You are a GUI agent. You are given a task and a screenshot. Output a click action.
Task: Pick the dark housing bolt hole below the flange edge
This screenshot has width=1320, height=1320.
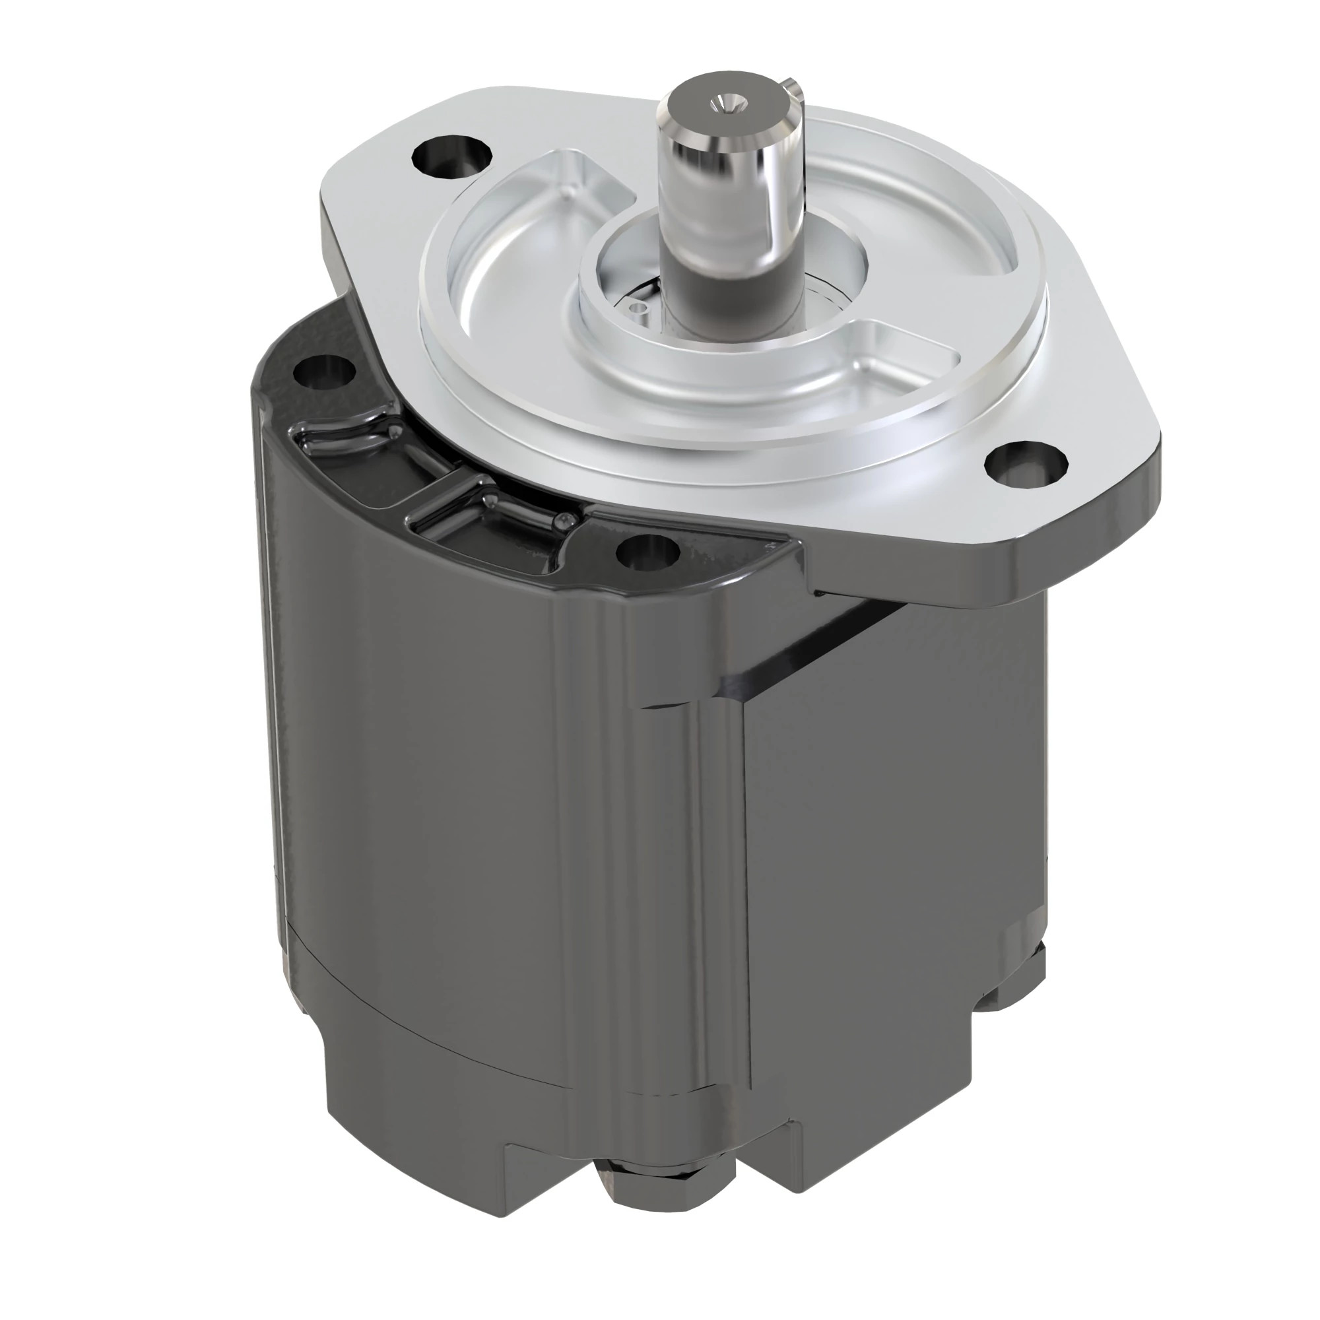647,551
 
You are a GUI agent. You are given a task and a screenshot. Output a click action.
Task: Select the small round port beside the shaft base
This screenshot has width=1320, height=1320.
639,309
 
